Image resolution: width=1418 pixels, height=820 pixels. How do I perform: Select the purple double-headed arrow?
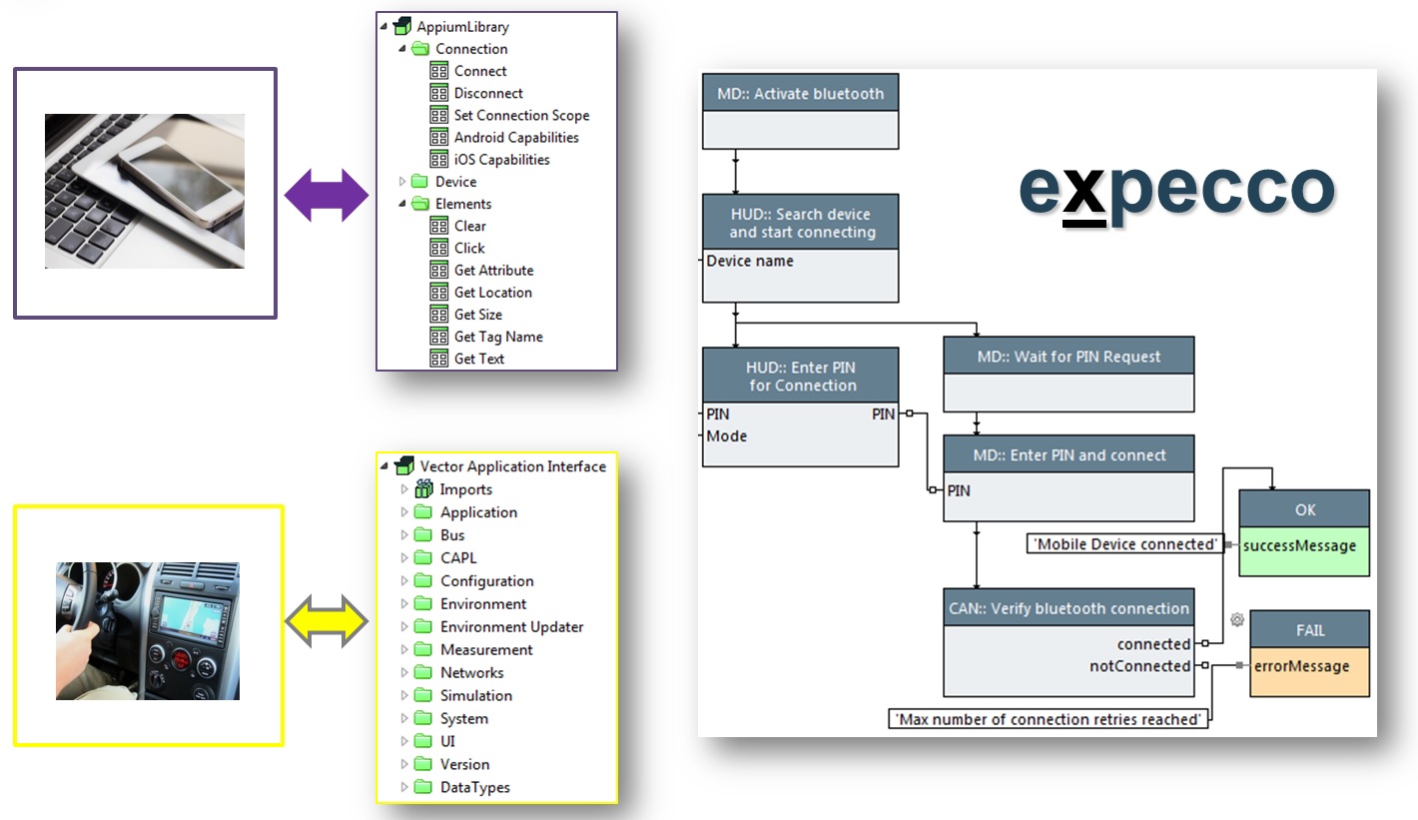[x=327, y=194]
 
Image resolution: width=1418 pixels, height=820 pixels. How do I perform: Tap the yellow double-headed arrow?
[x=327, y=621]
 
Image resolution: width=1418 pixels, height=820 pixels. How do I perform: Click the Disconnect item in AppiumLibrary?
[x=488, y=93]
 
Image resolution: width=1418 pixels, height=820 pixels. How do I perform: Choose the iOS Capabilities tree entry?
[x=501, y=160]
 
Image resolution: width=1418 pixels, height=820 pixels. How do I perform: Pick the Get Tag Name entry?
[x=498, y=337]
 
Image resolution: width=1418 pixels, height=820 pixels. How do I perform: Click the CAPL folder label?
[x=458, y=558]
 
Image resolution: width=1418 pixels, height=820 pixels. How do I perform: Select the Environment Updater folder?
[x=511, y=627]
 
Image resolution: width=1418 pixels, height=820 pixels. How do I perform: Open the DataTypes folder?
[x=474, y=787]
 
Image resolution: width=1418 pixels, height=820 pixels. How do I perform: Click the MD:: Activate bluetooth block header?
[x=800, y=94]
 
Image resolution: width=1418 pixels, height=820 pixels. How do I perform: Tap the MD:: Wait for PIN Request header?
[x=1068, y=356]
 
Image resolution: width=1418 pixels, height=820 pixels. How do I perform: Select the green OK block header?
[x=1304, y=509]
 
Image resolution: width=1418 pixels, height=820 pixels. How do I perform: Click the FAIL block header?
[x=1309, y=630]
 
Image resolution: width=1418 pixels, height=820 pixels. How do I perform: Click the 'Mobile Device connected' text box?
[x=1125, y=544]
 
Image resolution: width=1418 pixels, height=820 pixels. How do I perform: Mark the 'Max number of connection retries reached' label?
[x=1048, y=719]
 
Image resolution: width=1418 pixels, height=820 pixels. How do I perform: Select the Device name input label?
[x=750, y=262]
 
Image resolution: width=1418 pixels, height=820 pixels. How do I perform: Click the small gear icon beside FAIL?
[x=1237, y=620]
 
